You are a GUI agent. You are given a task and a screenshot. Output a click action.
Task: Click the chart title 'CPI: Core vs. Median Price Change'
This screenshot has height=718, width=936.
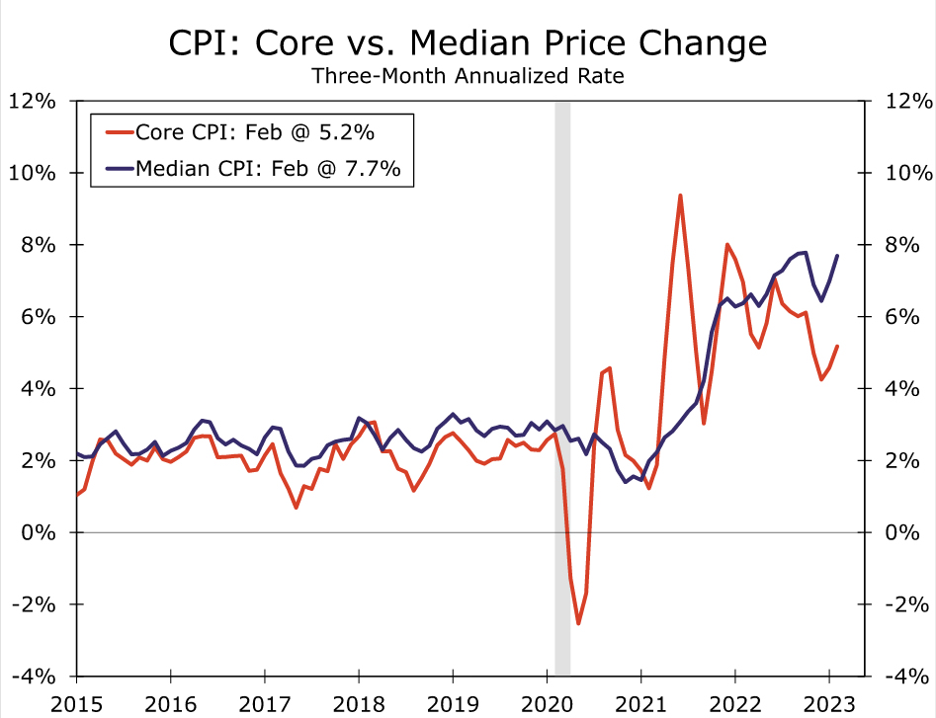point(468,42)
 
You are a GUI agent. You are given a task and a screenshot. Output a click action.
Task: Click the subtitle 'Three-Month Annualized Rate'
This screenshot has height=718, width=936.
point(468,76)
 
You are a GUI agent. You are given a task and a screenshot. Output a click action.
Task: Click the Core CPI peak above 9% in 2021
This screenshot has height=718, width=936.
point(680,196)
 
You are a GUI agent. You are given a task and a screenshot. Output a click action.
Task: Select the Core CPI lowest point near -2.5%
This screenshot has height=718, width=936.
point(578,623)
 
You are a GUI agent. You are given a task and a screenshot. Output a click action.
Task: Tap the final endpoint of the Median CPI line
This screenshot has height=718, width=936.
point(837,256)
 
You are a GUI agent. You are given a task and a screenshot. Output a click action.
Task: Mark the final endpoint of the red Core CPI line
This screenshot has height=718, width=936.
point(837,346)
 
